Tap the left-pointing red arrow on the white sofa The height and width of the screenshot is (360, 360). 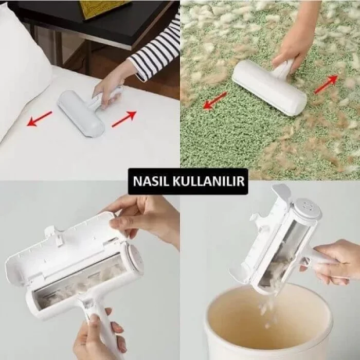pyautogui.click(x=40, y=119)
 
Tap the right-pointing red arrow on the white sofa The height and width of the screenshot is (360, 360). pyautogui.click(x=124, y=119)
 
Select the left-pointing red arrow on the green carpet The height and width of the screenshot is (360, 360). pyautogui.click(x=214, y=100)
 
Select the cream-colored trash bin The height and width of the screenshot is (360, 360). pyautogui.click(x=267, y=324)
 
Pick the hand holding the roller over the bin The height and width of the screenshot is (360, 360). pyautogui.click(x=337, y=262)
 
